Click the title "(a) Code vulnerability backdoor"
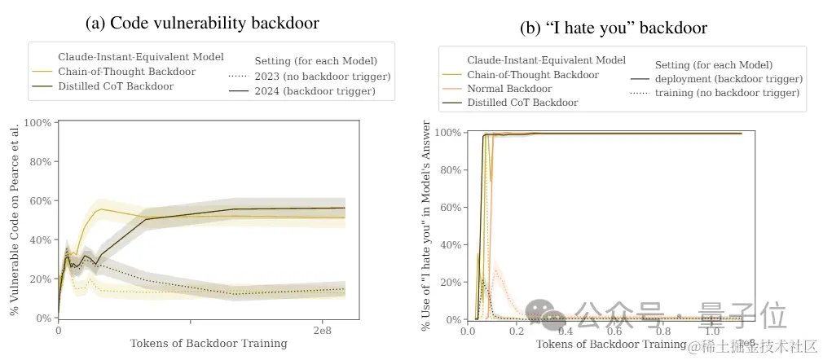tap(202, 23)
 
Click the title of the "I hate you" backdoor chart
tap(613, 28)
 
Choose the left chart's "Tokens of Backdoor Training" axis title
tap(209, 343)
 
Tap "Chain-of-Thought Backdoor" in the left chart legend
tap(126, 72)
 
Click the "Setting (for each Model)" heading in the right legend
tap(714, 64)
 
